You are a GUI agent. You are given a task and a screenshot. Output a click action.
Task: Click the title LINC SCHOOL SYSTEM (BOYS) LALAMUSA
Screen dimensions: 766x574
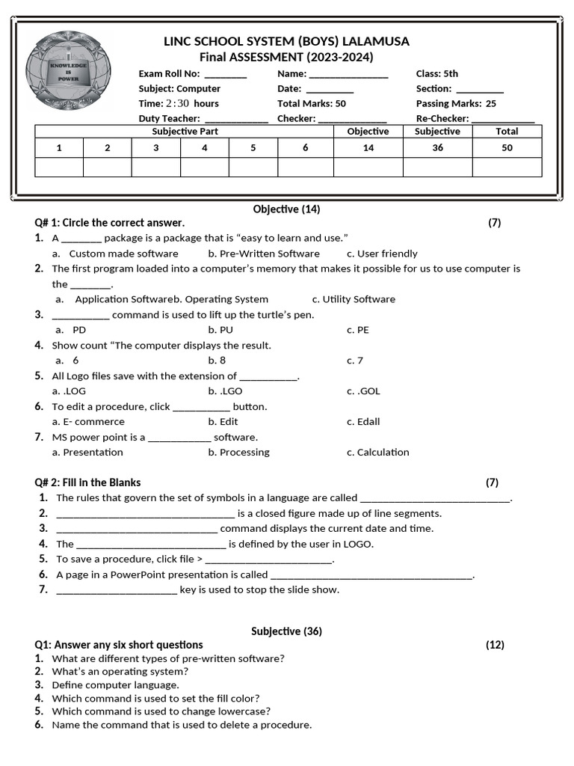click(286, 41)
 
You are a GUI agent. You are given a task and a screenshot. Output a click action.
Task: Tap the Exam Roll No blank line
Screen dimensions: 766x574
click(225, 74)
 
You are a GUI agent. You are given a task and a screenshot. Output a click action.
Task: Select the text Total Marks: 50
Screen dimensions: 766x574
click(311, 104)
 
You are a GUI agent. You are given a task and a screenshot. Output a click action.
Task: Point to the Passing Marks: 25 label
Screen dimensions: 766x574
click(455, 104)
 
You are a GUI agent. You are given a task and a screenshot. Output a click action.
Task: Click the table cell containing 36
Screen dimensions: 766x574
click(437, 148)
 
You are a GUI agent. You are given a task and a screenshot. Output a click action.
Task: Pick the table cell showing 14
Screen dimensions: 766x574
click(368, 148)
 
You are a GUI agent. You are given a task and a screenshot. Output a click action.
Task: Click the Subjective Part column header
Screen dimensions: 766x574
click(185, 132)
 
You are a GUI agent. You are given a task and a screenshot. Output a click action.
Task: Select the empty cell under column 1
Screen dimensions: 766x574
click(59, 167)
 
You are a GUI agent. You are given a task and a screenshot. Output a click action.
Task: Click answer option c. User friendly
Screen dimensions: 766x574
click(382, 254)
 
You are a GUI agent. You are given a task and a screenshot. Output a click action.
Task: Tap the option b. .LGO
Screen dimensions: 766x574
click(225, 391)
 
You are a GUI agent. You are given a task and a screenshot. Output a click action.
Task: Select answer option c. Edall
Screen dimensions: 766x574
click(363, 422)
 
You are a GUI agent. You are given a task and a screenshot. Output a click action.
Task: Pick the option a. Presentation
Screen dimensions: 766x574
click(87, 453)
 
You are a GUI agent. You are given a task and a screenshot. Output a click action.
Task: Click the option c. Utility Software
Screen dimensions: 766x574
click(354, 299)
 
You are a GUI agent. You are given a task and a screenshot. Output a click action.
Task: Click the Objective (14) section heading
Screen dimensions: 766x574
click(286, 209)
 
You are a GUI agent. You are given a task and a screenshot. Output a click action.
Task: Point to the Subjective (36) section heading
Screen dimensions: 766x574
click(286, 631)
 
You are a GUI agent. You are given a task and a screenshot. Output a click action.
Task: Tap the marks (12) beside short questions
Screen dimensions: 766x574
click(495, 645)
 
